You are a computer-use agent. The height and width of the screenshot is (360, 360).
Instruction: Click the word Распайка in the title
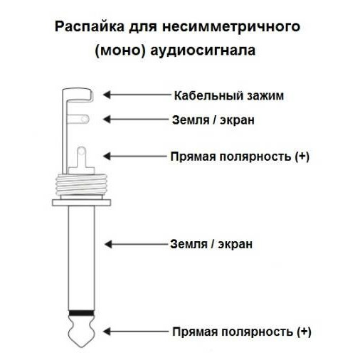89,27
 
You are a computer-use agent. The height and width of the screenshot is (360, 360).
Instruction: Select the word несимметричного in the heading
231,26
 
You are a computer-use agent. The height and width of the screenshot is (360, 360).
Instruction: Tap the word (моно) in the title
120,51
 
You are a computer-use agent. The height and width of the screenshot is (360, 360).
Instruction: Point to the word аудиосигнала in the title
203,51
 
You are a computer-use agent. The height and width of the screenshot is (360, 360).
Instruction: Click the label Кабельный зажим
229,95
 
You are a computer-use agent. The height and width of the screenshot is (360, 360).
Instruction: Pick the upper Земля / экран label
213,120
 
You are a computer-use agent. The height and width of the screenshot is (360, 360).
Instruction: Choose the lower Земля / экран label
211,244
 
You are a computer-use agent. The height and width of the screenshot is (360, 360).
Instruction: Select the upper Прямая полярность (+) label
240,157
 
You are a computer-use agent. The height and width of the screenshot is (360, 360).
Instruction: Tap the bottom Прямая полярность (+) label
241,332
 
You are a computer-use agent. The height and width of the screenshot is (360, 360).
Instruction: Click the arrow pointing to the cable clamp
137,95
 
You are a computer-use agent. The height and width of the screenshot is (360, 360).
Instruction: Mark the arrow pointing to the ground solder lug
136,119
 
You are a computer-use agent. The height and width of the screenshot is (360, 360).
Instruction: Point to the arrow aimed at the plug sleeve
136,244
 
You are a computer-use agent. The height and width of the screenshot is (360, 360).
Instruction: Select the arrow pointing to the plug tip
136,332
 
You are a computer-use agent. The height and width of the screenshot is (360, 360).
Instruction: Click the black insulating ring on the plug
81,313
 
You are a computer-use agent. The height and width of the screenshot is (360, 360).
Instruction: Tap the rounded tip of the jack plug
81,332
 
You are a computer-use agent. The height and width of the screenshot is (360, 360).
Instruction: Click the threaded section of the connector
81,184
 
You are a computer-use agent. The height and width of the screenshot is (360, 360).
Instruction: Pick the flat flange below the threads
81,203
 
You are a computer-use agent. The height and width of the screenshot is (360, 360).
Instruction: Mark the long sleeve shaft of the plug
81,258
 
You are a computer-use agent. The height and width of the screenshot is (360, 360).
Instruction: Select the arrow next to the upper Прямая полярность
135,157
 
